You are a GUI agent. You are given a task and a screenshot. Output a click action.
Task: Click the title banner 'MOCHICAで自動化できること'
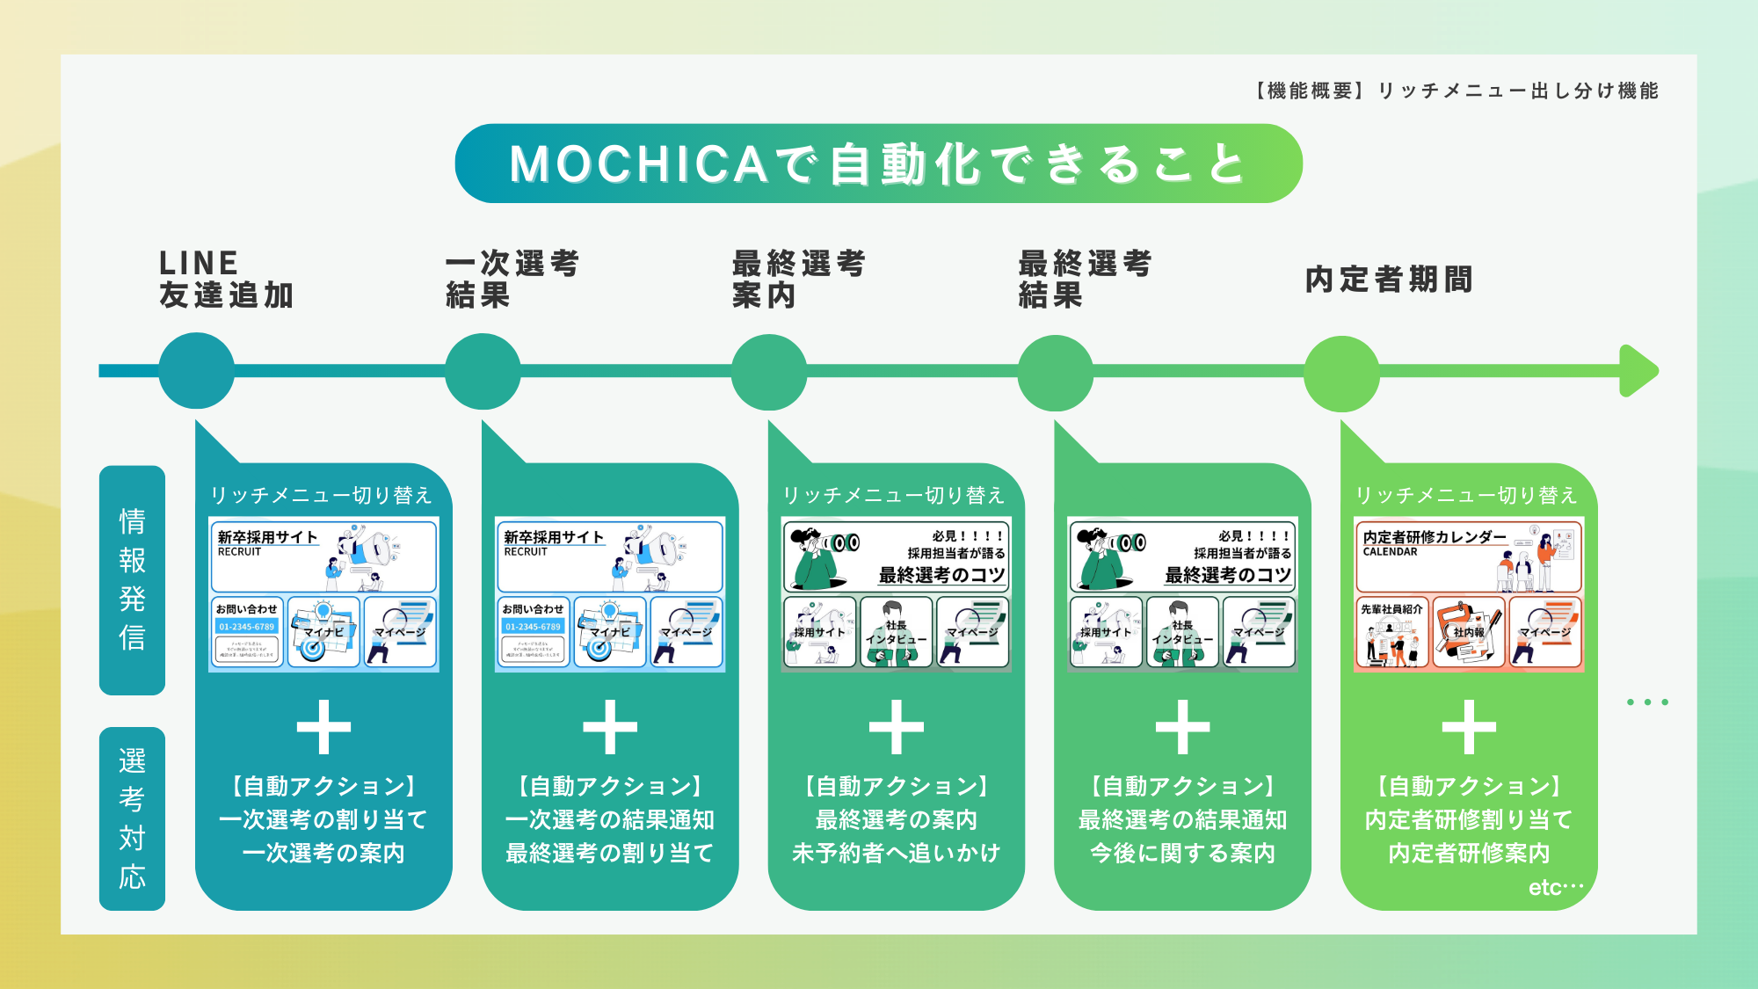coord(878,164)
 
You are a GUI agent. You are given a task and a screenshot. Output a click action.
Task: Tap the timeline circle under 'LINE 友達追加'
coord(197,371)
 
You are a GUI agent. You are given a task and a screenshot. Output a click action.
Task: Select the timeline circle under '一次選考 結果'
coord(483,371)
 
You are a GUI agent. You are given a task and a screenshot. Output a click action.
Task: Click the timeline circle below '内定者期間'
coord(1341,373)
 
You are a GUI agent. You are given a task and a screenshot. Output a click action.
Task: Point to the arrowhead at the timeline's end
coord(1638,371)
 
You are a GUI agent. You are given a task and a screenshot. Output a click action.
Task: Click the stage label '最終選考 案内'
coord(798,279)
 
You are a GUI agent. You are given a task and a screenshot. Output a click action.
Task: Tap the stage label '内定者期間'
coord(1389,280)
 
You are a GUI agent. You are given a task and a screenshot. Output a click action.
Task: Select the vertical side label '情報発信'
coord(132,579)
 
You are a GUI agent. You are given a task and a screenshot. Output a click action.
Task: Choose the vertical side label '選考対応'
coord(132,818)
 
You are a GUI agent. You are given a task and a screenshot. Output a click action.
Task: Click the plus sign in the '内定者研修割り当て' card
coord(1469,727)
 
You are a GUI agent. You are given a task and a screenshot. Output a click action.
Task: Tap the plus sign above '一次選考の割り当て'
coord(323,727)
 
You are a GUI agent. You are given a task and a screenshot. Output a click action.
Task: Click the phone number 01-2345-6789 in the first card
coord(247,627)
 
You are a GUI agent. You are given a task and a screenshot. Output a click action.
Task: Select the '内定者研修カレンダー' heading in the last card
coord(1435,537)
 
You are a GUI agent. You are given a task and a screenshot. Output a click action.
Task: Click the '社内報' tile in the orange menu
coord(1469,632)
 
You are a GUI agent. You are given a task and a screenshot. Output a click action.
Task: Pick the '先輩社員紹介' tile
coord(1391,632)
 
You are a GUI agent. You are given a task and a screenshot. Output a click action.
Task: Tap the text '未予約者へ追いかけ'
coord(896,853)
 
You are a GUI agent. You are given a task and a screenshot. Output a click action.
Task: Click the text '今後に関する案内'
coord(1182,853)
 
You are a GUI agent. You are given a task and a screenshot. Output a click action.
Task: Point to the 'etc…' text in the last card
coord(1555,888)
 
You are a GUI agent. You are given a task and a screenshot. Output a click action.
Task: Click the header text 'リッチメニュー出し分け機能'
coord(1517,91)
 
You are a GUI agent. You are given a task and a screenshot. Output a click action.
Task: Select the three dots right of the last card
coord(1647,702)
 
